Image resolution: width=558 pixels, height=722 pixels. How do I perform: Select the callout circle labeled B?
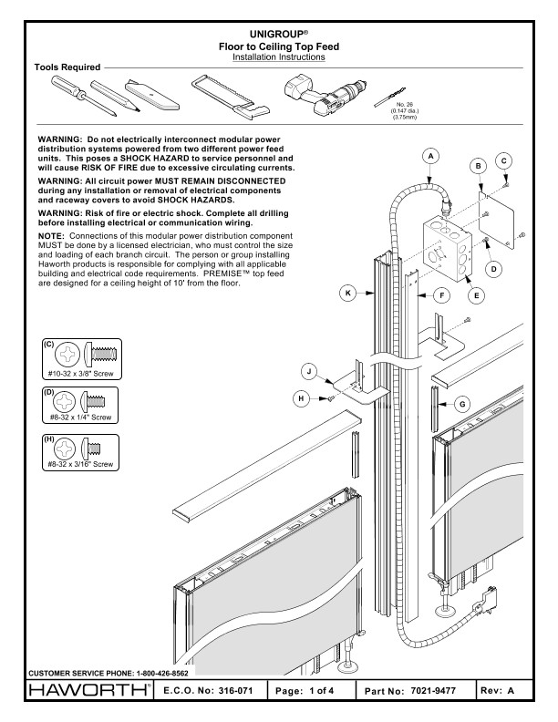click(x=477, y=166)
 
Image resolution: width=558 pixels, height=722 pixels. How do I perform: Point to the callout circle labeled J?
click(x=311, y=371)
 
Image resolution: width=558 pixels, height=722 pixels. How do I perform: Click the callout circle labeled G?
click(x=462, y=402)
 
